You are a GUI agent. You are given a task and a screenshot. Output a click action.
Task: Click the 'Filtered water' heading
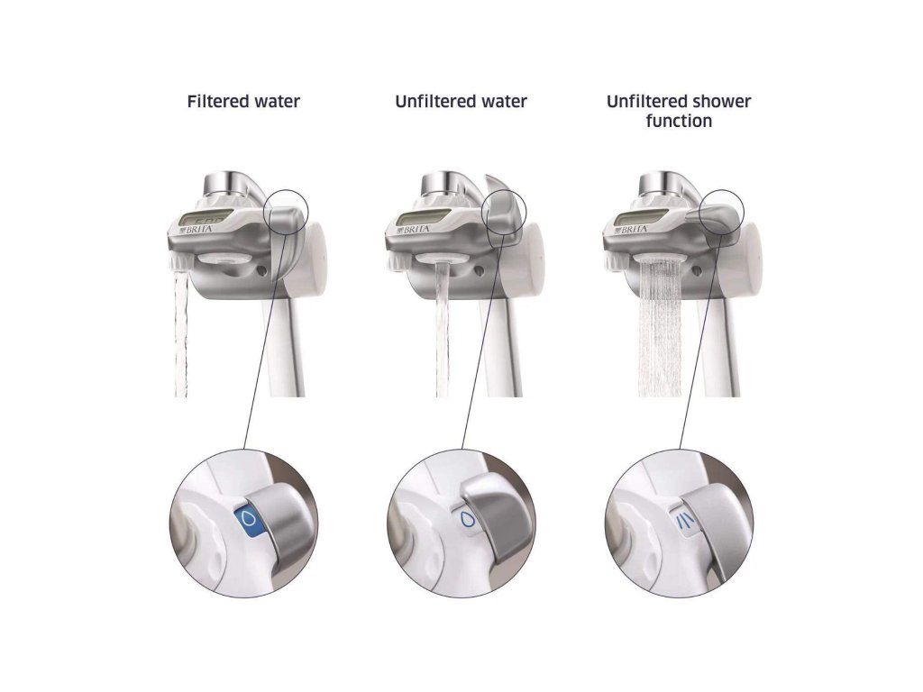243,102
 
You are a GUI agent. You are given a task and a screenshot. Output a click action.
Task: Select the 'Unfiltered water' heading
461,102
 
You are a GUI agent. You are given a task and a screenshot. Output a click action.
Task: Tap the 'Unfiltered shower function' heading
679,111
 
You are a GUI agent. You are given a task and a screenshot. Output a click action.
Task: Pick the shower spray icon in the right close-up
685,522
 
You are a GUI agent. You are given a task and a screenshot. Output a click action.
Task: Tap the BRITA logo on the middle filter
416,229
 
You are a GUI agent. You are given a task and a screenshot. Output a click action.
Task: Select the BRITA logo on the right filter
634,229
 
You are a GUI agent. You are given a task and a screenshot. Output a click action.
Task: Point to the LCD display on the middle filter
421,218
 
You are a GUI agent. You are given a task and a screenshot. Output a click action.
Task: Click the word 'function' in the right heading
679,122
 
